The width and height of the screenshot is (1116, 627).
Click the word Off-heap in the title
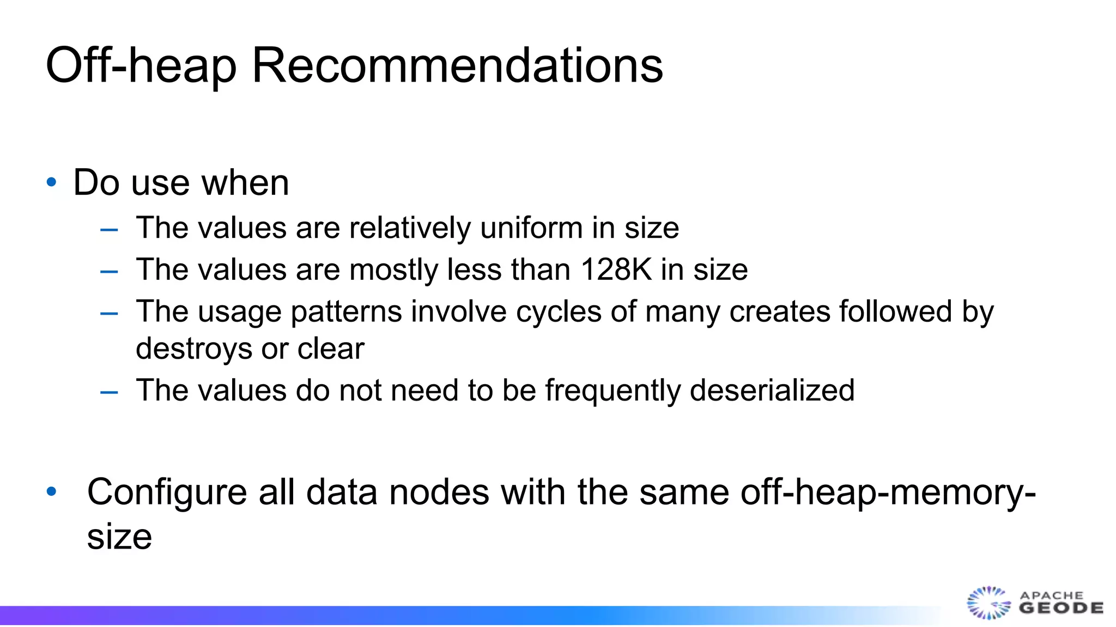click(141, 65)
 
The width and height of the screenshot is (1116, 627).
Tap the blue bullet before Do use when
click(52, 182)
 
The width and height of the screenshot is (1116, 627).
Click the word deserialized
click(772, 390)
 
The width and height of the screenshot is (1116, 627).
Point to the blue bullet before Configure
click(52, 492)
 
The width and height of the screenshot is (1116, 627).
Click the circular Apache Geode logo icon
click(988, 603)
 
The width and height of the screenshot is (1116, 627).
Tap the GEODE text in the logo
click(1061, 608)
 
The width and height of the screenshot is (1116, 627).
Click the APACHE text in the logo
click(1052, 595)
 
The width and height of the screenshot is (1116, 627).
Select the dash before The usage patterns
click(109, 313)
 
